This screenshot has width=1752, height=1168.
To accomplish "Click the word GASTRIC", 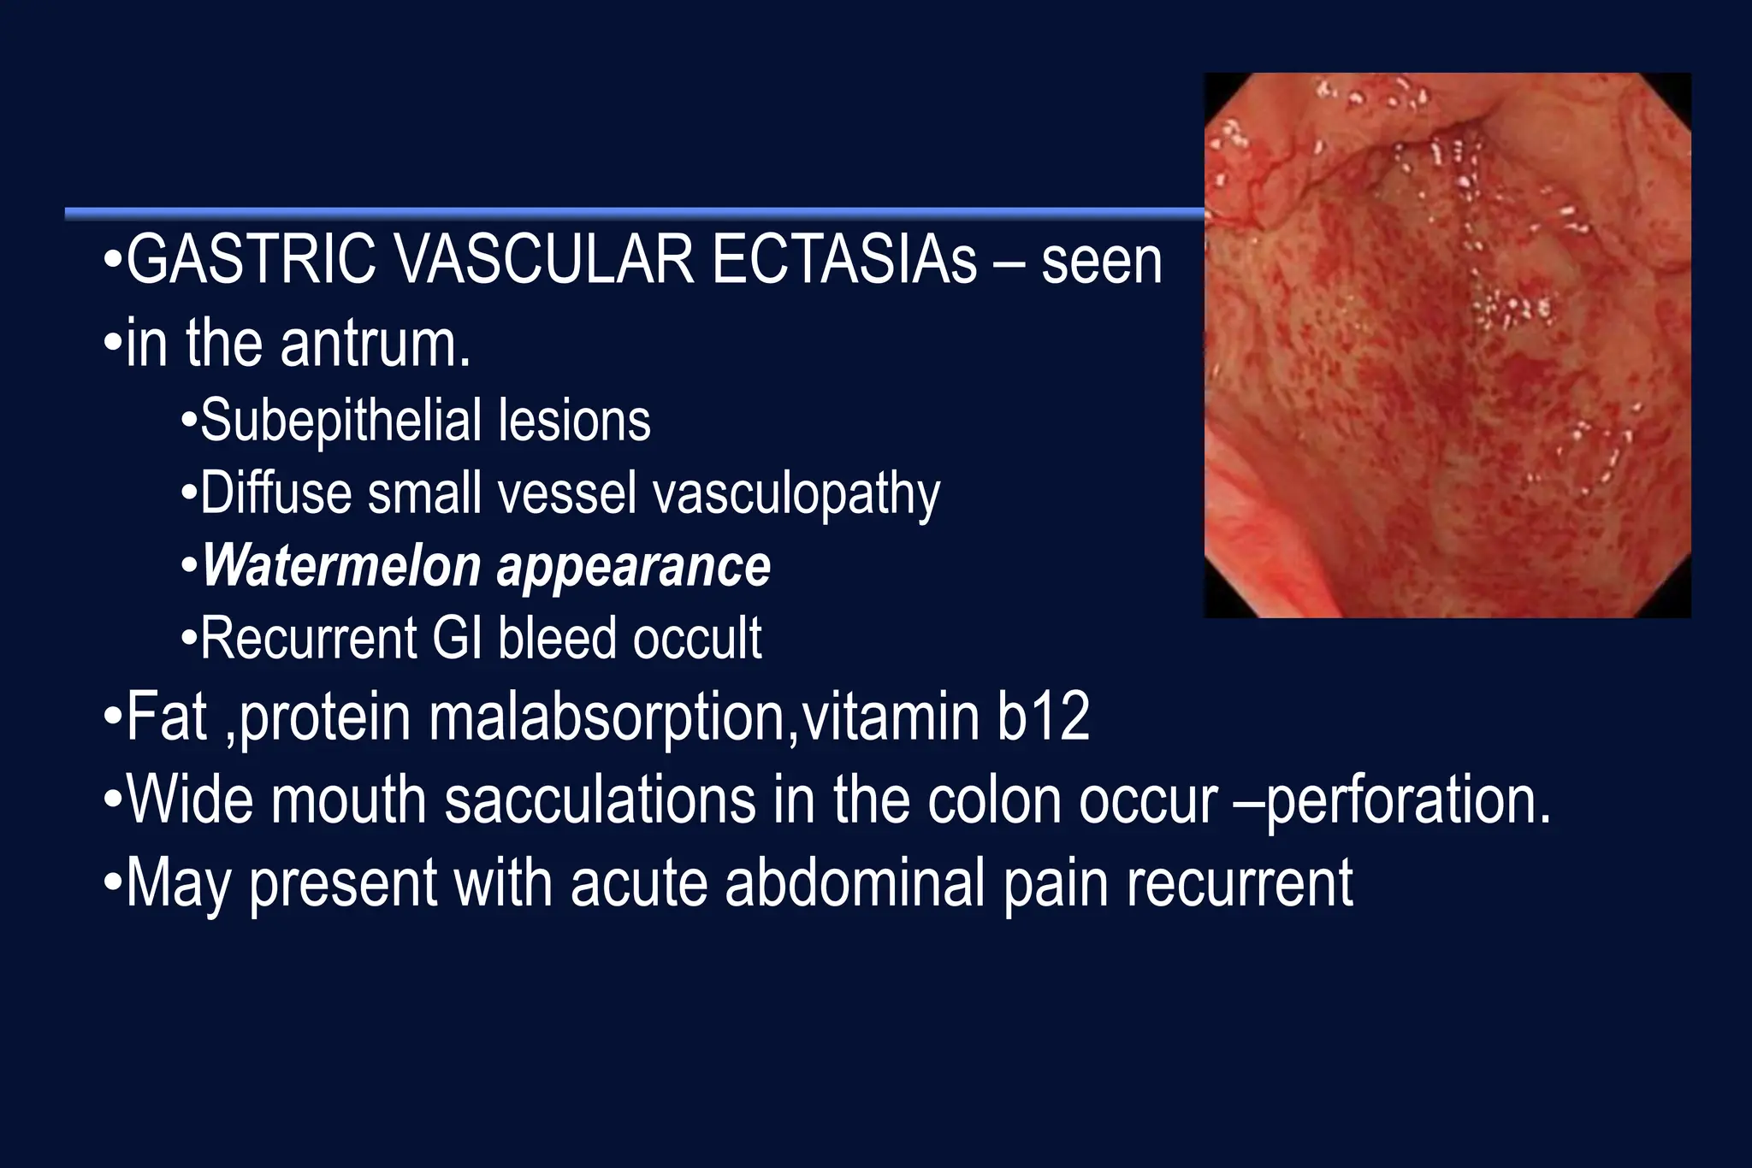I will coord(251,260).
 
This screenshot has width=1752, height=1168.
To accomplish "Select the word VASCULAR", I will coord(544,260).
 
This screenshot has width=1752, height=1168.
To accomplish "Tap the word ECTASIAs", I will coord(844,260).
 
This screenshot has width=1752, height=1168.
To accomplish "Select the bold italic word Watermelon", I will coord(341,566).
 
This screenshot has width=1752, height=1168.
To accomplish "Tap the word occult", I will coord(697,638).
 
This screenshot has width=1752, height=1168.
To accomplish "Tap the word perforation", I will coord(1408,801).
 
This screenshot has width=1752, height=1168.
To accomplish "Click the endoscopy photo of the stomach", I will coord(1447,345).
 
